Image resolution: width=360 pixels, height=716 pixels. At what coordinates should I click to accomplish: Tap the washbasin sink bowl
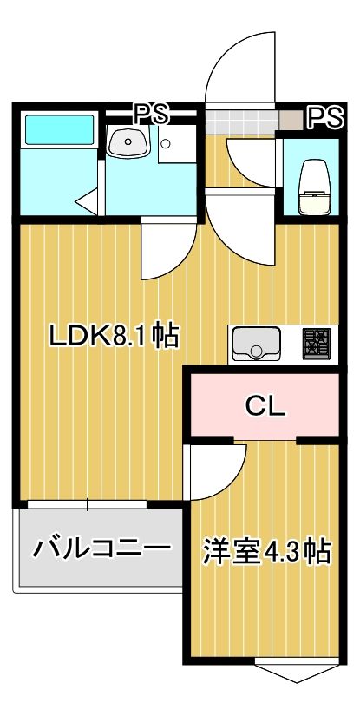(128, 141)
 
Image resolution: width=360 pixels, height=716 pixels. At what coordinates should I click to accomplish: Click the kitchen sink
(255, 345)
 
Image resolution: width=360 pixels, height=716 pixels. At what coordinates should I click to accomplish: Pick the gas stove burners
(316, 344)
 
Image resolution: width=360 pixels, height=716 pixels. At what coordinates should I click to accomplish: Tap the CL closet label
(265, 405)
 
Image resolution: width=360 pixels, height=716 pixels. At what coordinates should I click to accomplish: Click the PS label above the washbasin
(151, 113)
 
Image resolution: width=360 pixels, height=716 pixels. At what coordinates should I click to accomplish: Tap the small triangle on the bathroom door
(84, 205)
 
